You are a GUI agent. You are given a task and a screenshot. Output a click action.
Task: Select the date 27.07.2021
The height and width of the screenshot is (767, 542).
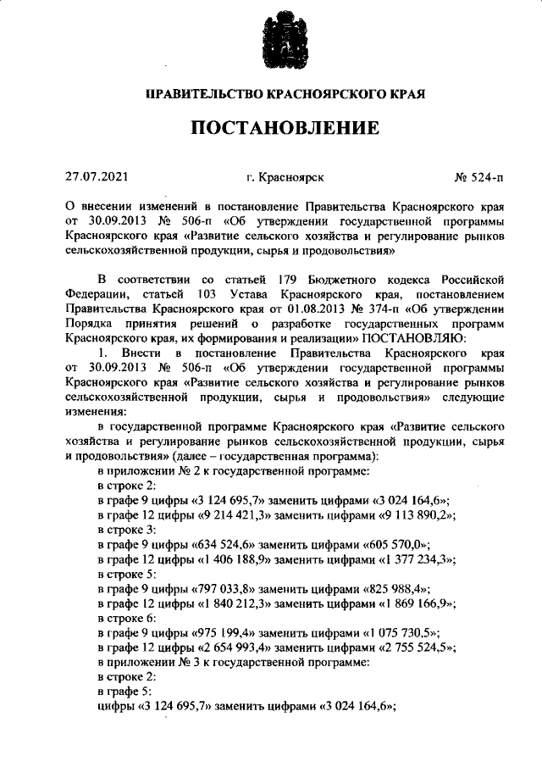coord(97,178)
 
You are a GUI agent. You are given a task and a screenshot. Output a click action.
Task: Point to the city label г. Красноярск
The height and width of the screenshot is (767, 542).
coord(285,178)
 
